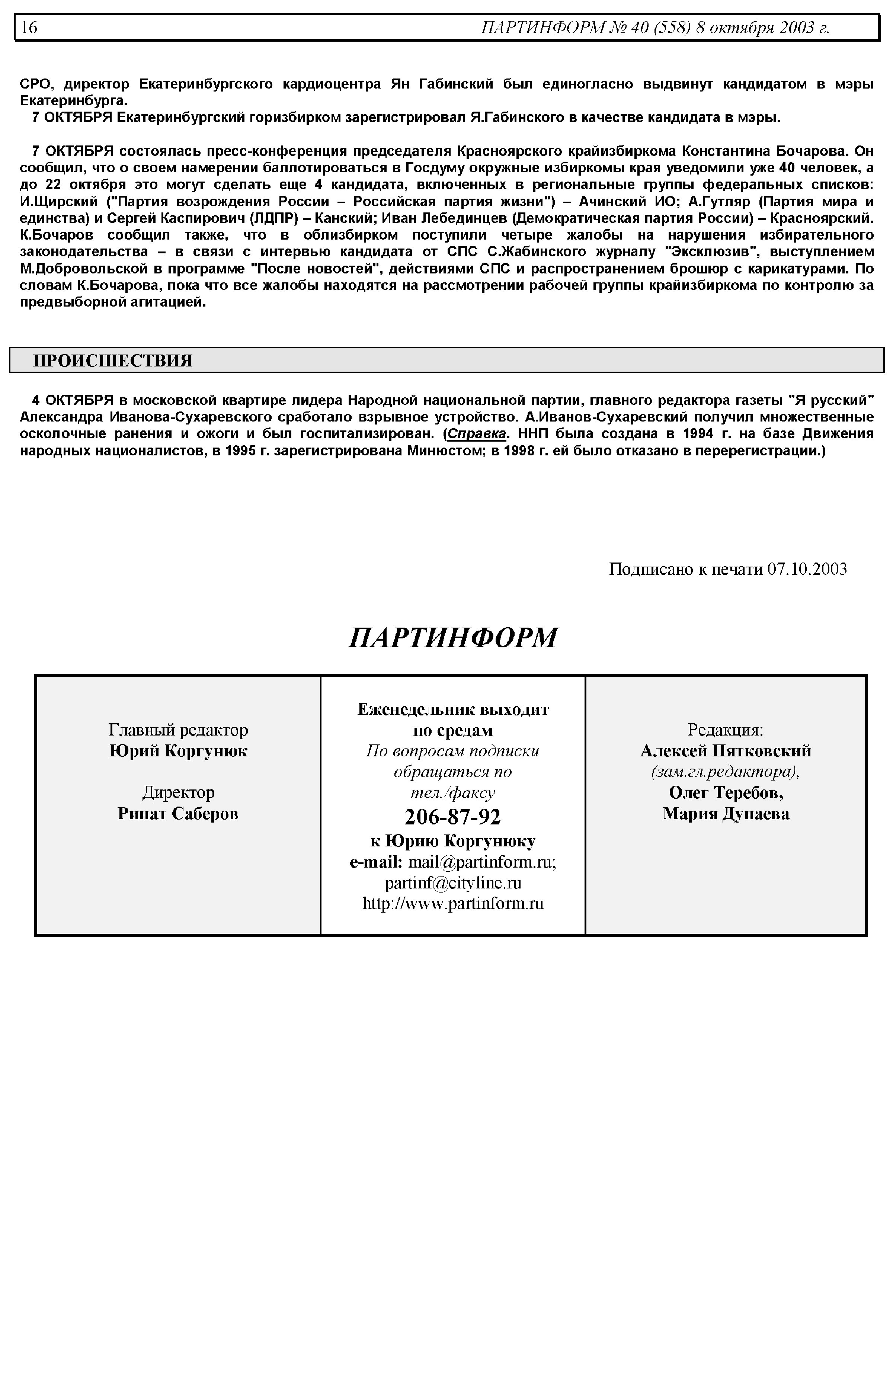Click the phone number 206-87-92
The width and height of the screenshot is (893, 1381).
(452, 816)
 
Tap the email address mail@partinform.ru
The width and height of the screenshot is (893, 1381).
(482, 862)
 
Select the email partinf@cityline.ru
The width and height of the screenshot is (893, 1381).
(453, 882)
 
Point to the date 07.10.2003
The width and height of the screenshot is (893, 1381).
(807, 569)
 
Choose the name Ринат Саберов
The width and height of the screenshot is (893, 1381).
(178, 813)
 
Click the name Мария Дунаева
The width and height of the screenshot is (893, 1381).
(726, 813)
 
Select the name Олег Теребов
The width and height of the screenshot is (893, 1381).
(726, 792)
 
